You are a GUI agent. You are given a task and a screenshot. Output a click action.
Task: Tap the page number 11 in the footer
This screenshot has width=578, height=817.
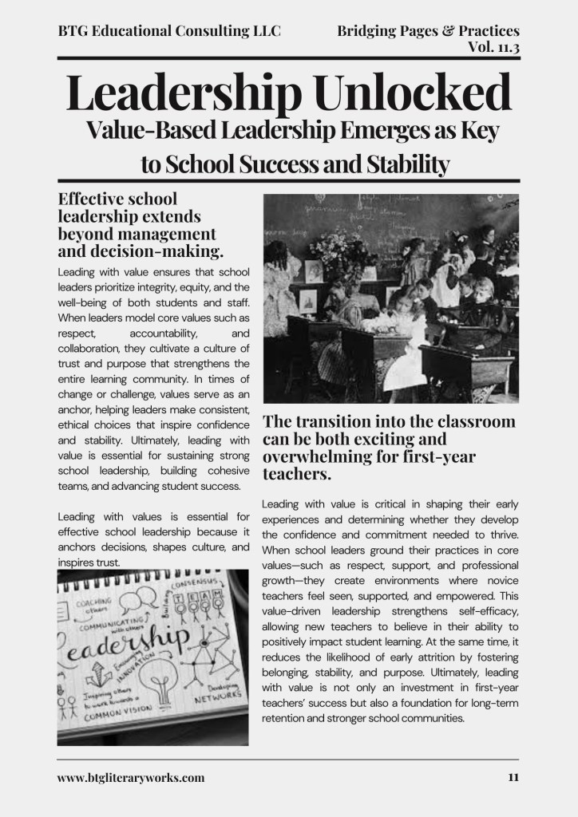coord(513,777)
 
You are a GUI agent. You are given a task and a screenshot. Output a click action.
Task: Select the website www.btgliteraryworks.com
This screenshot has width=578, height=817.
coord(131,777)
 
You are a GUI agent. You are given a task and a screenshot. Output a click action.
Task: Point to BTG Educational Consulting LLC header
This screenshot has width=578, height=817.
coord(169,31)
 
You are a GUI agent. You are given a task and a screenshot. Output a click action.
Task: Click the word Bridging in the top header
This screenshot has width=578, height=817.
coord(370,31)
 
